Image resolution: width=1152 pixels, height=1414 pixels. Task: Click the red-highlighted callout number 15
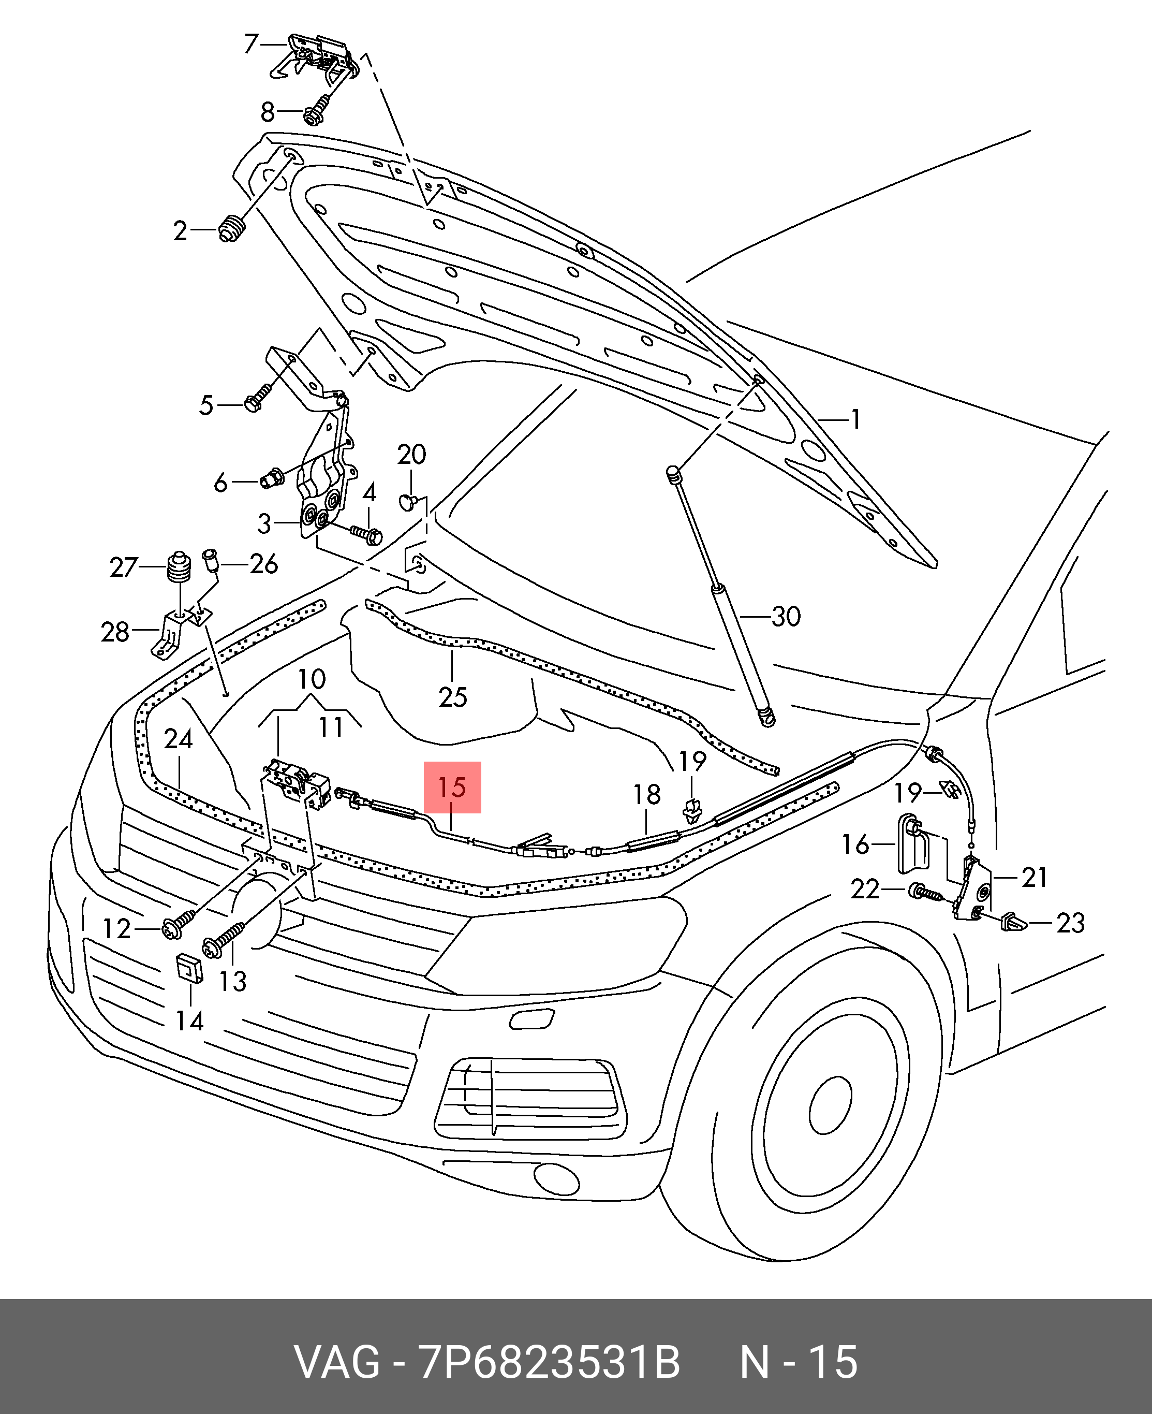(x=452, y=788)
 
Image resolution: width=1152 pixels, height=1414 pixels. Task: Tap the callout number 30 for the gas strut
(x=786, y=617)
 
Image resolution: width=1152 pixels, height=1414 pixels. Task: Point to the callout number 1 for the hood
(x=856, y=419)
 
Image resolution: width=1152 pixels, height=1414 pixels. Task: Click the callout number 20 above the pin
(x=411, y=455)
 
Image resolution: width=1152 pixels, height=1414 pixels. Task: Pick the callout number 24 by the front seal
(x=178, y=739)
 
